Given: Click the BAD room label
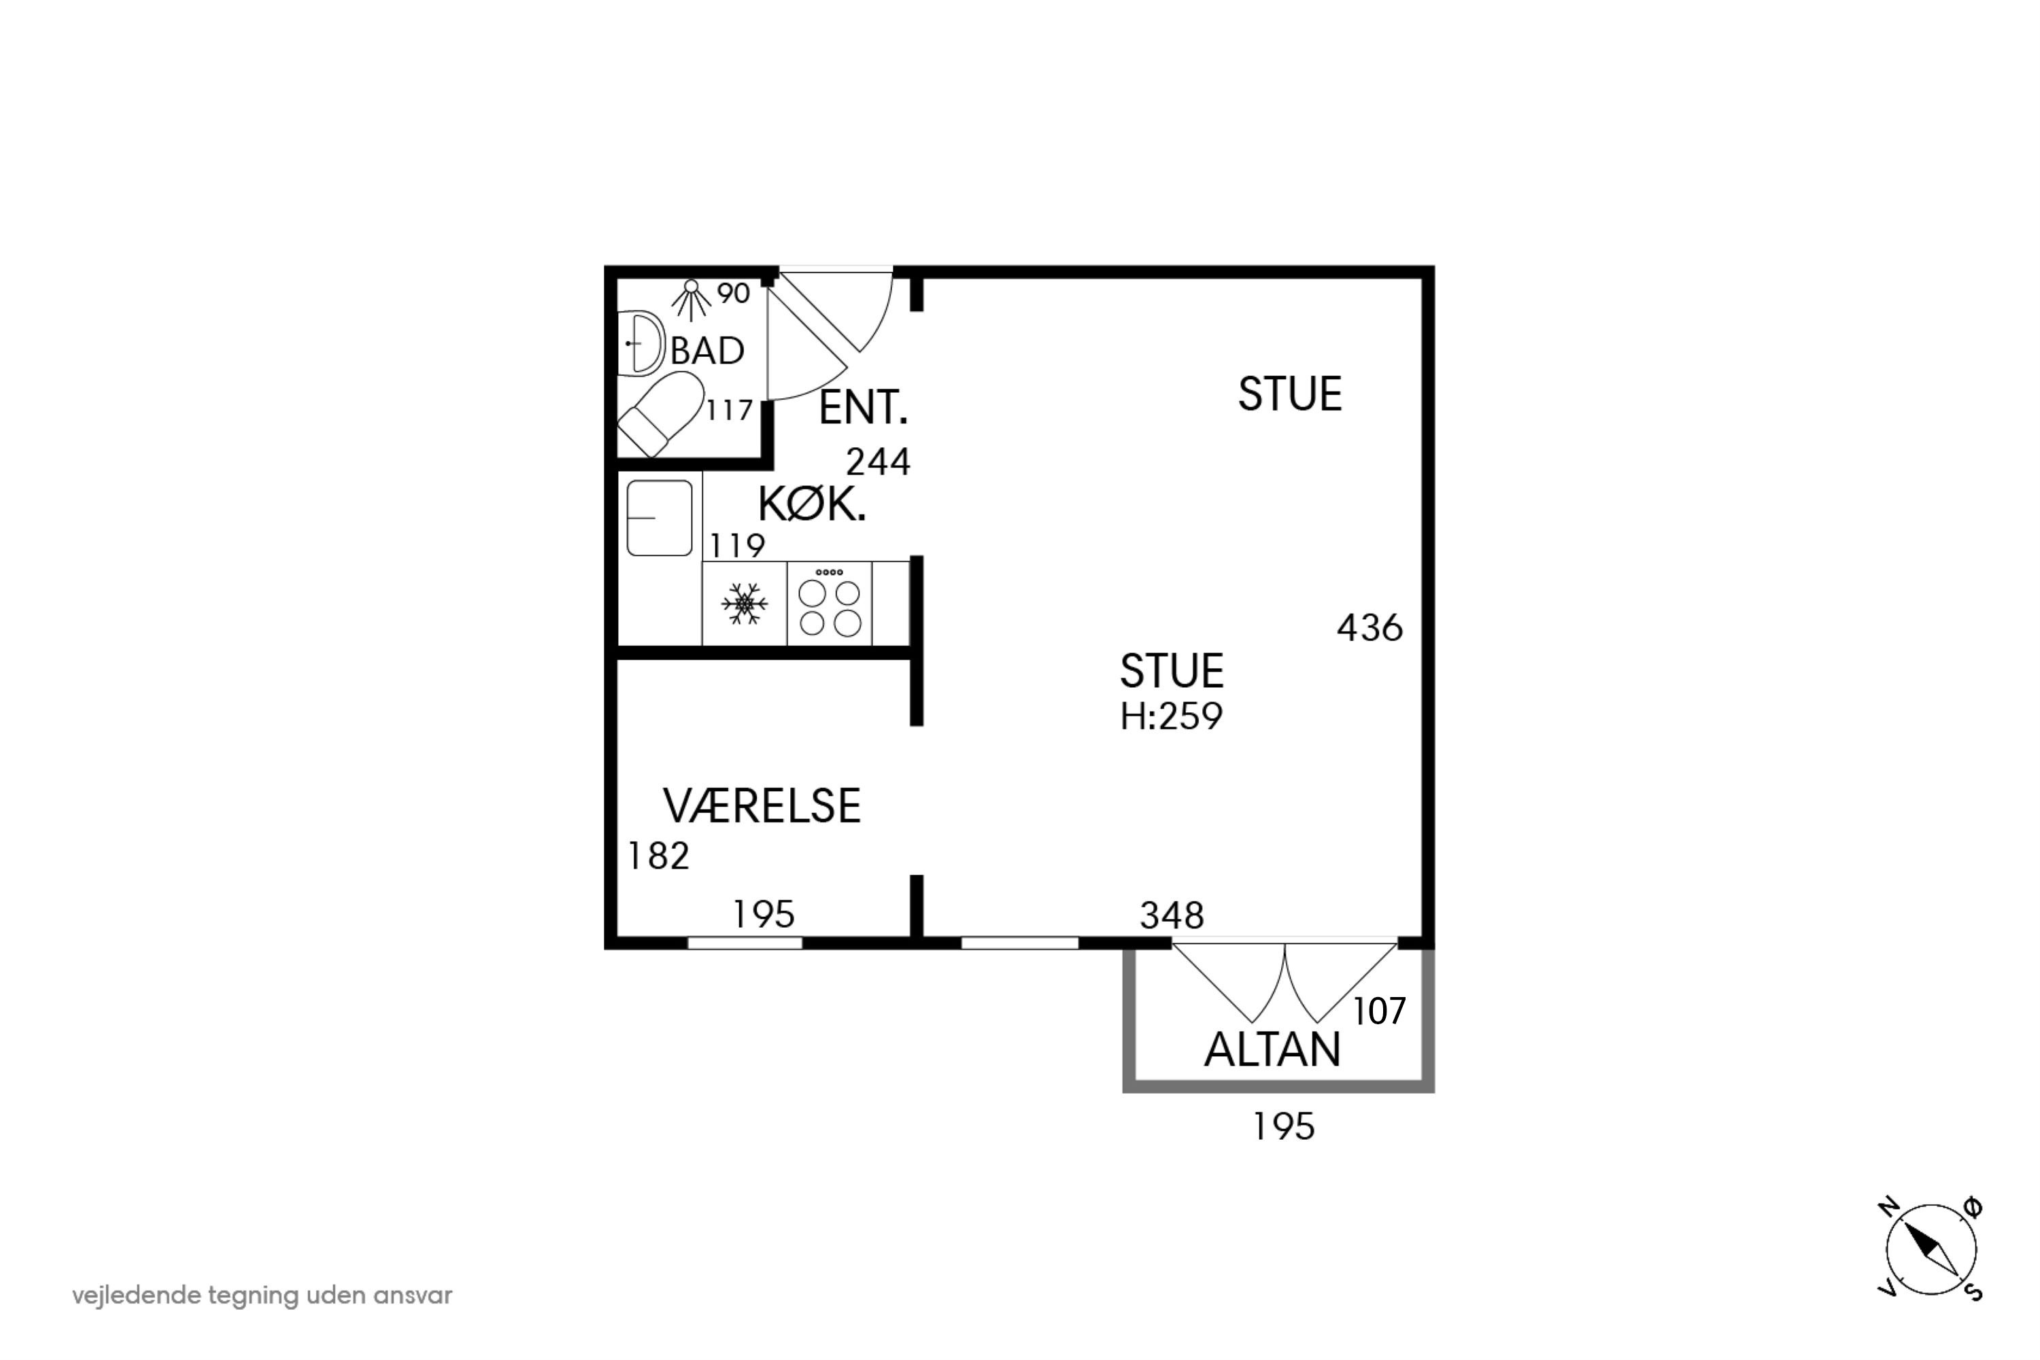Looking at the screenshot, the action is [707, 351].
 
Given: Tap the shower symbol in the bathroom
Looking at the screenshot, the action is [691, 299].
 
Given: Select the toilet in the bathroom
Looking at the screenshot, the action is [660, 414].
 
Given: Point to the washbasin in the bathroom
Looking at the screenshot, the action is [641, 343].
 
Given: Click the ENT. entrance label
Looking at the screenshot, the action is [864, 408].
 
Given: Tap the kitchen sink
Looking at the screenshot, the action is [660, 518].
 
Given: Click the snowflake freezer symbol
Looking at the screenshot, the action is [745, 604].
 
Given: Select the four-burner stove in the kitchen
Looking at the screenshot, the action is [830, 603].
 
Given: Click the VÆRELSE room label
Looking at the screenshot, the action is [762, 806].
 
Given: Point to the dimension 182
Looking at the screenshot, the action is [658, 856].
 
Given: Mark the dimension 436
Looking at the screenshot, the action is [1370, 628].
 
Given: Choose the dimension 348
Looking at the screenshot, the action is [1172, 915].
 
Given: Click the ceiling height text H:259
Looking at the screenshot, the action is [1172, 716].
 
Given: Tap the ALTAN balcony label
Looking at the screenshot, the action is [1272, 1050].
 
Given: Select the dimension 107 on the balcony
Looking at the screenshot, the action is [1379, 1011].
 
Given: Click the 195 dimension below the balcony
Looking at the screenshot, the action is [1283, 1127].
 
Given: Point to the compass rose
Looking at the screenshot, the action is [1931, 1251].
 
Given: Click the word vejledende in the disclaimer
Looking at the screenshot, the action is [137, 1296].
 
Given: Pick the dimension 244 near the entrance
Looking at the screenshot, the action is [878, 462].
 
